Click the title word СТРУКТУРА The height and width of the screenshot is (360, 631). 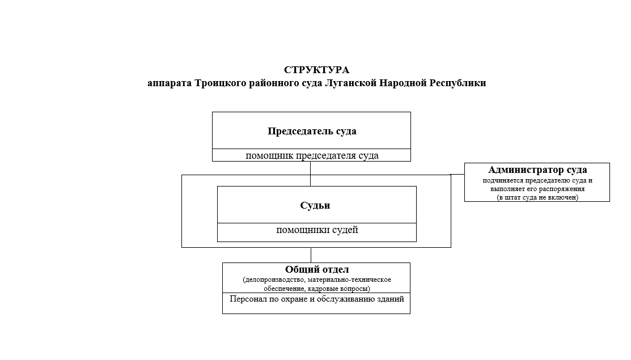click(x=316, y=70)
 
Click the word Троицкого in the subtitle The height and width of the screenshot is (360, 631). click(x=220, y=83)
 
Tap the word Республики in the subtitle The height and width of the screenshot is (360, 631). click(x=458, y=83)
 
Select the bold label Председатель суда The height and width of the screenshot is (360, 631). click(x=312, y=131)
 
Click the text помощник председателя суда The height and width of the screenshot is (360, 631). click(x=312, y=156)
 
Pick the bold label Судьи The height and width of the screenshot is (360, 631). click(x=315, y=205)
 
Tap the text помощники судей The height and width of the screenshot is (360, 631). click(x=317, y=230)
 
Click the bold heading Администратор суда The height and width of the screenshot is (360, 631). click(x=537, y=170)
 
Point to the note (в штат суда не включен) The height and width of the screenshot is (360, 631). click(x=537, y=197)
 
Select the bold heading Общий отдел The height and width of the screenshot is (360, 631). click(x=317, y=269)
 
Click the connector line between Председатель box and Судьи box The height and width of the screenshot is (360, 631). click(x=310, y=174)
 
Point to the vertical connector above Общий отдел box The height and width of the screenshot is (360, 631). click(x=311, y=255)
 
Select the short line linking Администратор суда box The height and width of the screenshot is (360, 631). click(x=458, y=174)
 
